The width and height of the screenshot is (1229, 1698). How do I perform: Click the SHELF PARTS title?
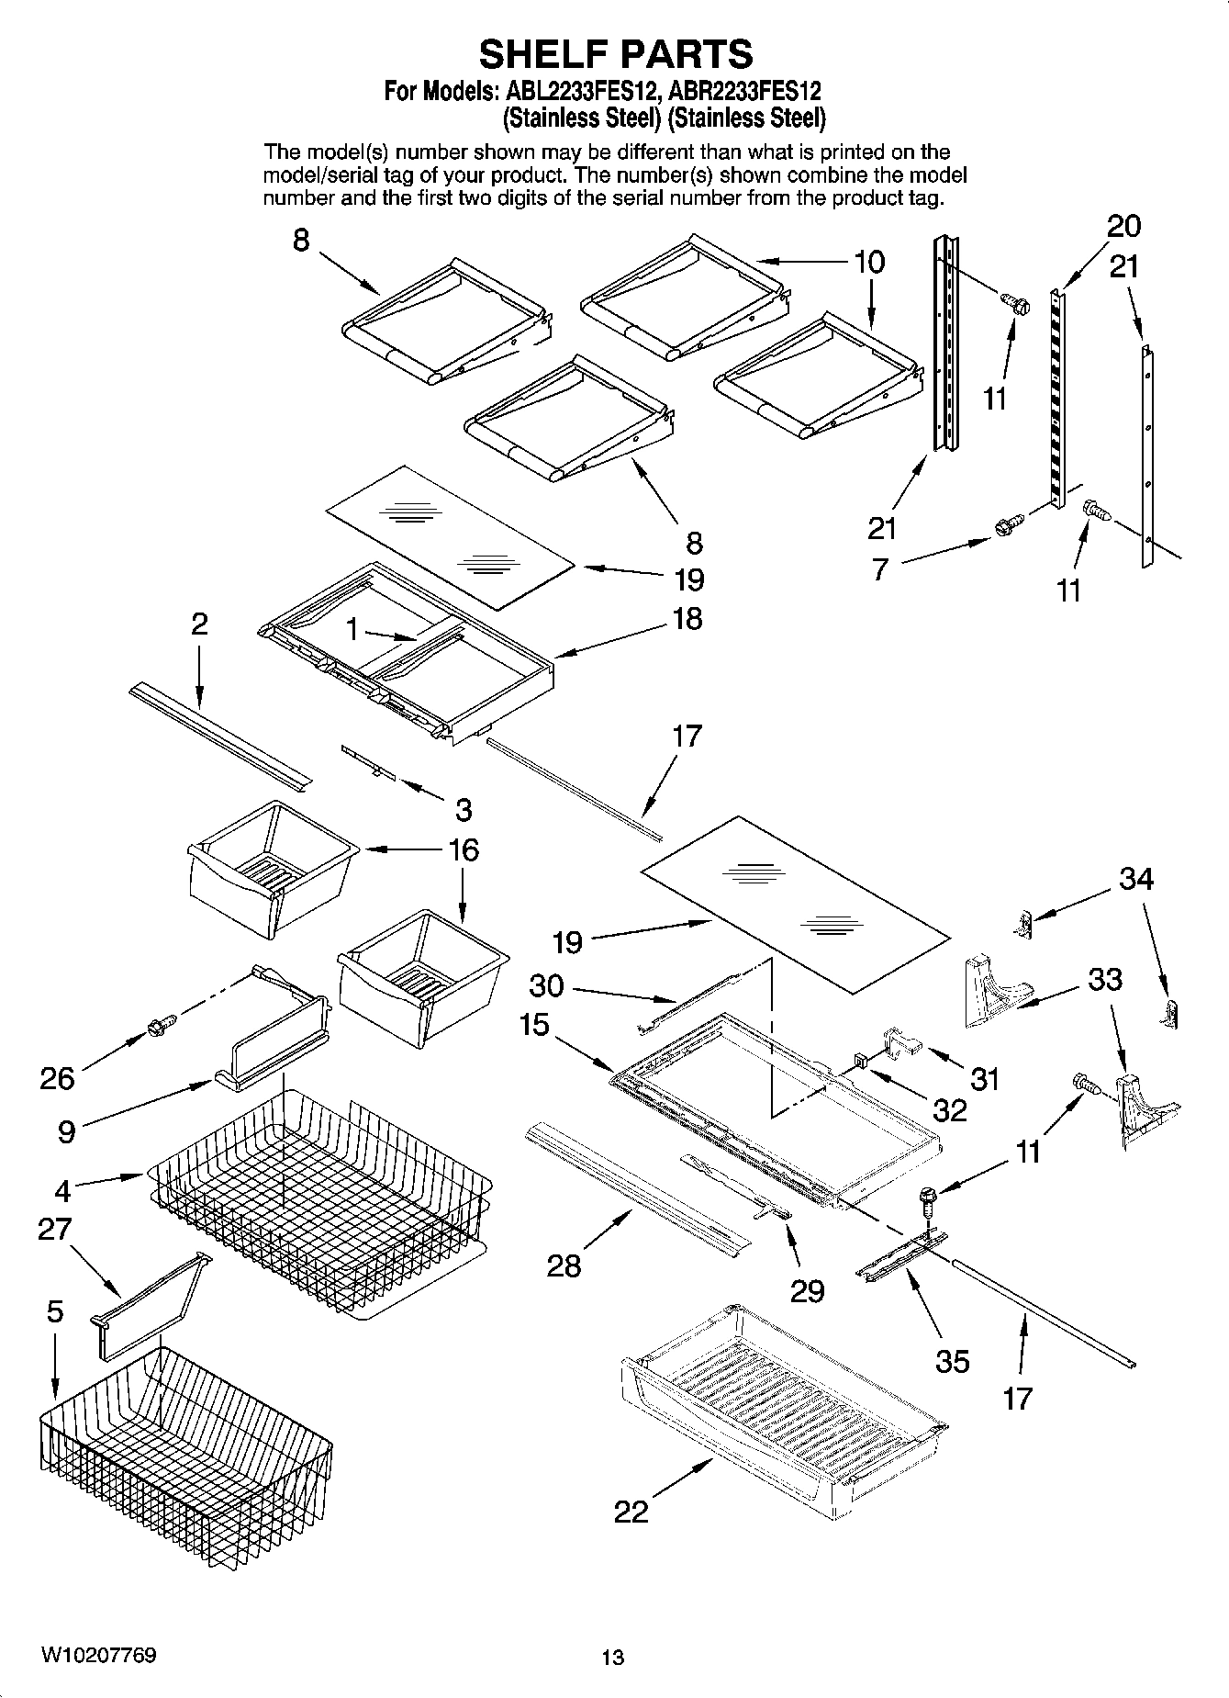(x=615, y=54)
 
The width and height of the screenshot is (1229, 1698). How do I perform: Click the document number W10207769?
(x=98, y=1655)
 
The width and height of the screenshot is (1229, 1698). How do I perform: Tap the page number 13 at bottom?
(x=613, y=1657)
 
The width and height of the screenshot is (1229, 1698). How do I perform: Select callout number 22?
(x=631, y=1511)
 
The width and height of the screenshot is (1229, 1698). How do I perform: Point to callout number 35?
(x=952, y=1360)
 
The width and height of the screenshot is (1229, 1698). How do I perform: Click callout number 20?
(x=1123, y=226)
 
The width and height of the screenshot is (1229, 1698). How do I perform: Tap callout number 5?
(x=55, y=1311)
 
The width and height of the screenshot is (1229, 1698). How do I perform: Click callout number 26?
(x=57, y=1077)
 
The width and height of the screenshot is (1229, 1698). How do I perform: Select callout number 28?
(x=564, y=1265)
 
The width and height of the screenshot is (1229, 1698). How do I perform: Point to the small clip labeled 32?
(x=861, y=1061)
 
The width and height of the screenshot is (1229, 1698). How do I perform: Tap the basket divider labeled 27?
(x=147, y=1304)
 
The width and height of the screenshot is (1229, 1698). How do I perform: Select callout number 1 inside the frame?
(x=352, y=630)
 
